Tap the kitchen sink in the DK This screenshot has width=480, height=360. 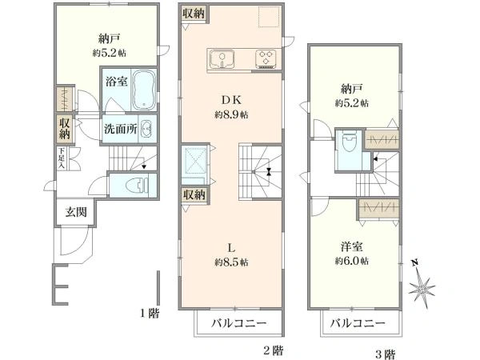(x=220, y=58)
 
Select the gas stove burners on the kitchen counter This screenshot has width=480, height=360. (x=266, y=58)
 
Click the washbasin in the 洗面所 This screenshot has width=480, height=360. (x=146, y=129)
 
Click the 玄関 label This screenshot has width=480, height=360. (x=75, y=213)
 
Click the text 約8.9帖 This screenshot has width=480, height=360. (x=230, y=115)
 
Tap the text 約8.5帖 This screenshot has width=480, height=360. (x=230, y=262)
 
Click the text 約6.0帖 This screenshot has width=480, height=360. (x=351, y=261)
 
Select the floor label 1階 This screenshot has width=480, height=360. (x=149, y=314)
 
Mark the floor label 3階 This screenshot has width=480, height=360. (x=383, y=353)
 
